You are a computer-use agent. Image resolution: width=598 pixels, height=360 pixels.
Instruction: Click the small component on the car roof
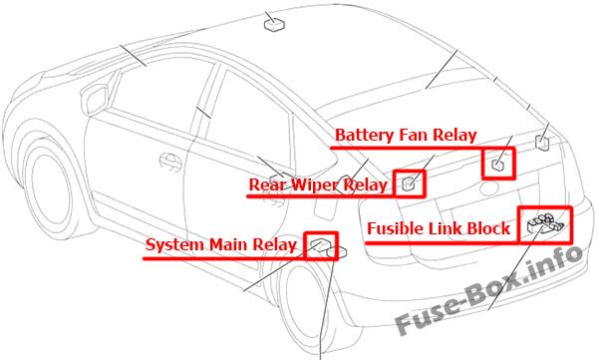pos(275,25)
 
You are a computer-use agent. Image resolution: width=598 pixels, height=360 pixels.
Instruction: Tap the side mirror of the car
pos(95,100)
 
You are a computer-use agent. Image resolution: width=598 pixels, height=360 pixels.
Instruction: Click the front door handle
pos(170,160)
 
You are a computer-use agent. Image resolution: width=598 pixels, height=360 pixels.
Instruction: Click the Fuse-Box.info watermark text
pos(489,290)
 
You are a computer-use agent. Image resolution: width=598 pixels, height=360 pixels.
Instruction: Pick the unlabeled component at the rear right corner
pos(542,142)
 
